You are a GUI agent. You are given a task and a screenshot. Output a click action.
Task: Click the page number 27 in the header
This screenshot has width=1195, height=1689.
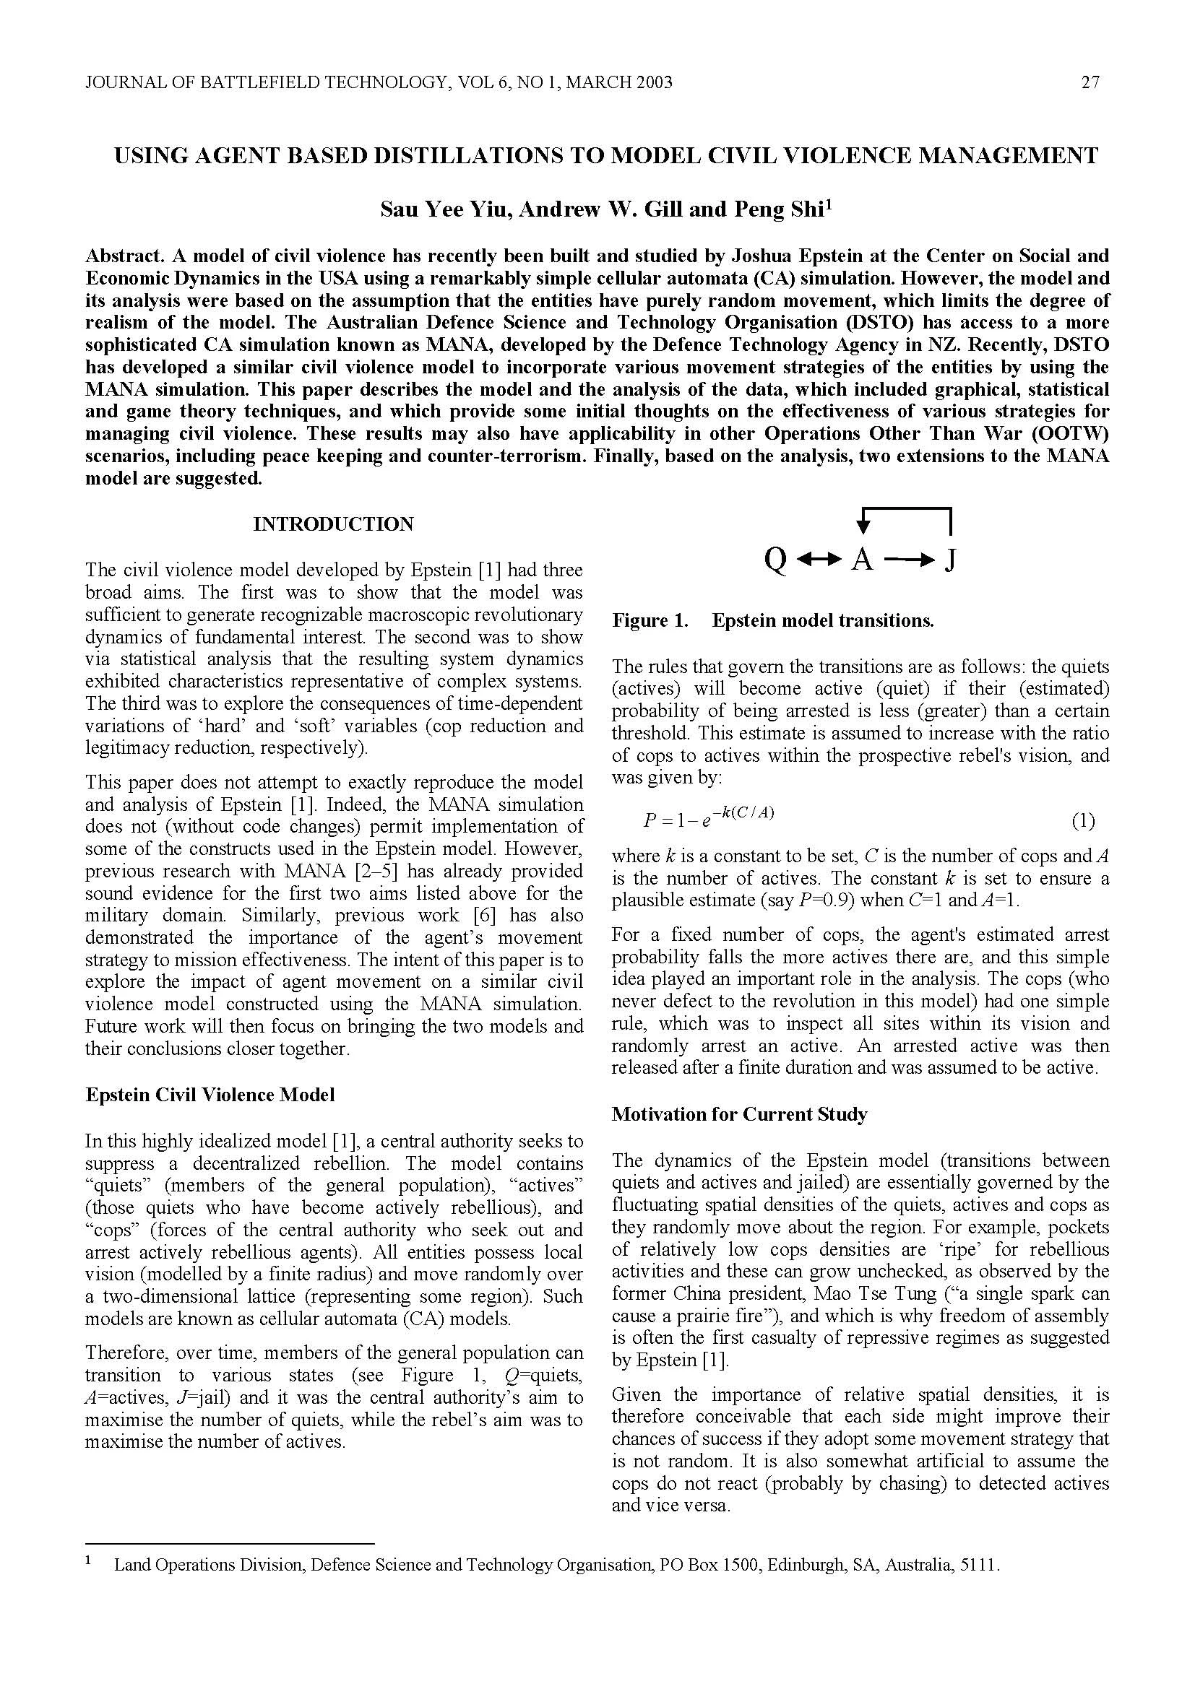1090,82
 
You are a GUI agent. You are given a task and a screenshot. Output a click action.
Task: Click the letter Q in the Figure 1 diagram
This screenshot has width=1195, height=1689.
775,560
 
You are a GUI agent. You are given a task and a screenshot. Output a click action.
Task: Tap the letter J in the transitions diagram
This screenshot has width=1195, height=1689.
950,560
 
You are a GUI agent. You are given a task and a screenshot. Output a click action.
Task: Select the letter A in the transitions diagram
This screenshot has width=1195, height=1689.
862,560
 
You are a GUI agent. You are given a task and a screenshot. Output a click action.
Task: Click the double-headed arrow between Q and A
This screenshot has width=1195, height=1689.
819,561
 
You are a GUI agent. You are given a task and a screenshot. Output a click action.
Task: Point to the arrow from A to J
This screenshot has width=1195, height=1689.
909,561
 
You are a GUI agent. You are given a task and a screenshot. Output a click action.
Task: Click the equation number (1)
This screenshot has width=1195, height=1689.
1082,821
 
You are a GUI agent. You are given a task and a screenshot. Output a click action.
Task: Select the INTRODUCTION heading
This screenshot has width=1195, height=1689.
333,524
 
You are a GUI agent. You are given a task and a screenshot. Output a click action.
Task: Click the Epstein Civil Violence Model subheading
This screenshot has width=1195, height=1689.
210,1095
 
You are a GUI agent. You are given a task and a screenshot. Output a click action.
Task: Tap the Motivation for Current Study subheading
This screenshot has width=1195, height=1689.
739,1113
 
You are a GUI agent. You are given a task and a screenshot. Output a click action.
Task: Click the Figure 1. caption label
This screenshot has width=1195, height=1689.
650,620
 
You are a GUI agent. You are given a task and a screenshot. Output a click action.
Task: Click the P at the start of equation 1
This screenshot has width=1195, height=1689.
649,821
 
